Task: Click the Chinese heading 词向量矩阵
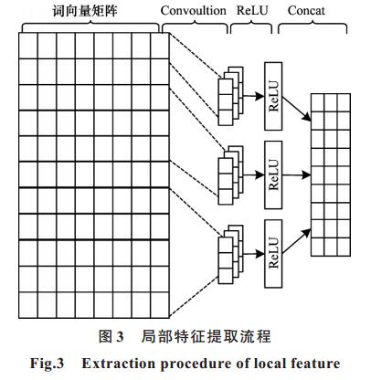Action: point(85,11)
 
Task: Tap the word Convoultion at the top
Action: point(194,11)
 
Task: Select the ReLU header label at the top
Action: point(252,11)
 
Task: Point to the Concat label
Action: point(306,11)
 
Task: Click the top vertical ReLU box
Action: point(273,96)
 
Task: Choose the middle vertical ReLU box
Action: point(273,174)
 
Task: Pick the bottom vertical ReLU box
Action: point(273,253)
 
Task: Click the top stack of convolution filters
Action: point(230,96)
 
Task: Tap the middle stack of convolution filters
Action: point(230,175)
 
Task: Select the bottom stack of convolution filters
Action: point(230,254)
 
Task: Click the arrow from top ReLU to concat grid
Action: point(297,109)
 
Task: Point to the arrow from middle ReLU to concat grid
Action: point(297,174)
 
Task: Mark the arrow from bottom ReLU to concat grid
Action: point(297,241)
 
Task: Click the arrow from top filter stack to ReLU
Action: point(254,96)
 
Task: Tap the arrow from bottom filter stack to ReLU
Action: point(254,253)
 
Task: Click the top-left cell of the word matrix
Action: point(28,46)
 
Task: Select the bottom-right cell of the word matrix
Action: point(160,305)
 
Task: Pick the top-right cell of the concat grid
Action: point(344,103)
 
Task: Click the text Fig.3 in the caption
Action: point(47,364)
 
